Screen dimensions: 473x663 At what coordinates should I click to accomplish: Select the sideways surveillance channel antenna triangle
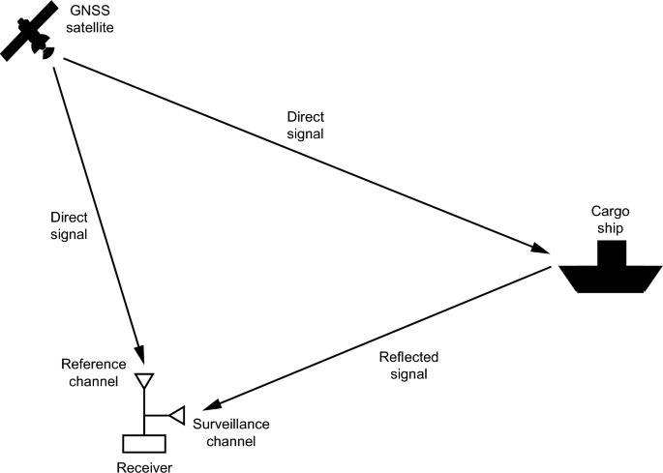(176, 415)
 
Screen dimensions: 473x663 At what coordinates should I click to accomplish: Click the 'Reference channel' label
(93, 372)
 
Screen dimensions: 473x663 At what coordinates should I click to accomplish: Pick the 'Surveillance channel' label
(230, 432)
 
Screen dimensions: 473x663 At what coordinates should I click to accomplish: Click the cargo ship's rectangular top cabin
(611, 252)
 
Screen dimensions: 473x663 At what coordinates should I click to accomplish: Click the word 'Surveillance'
(230, 425)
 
